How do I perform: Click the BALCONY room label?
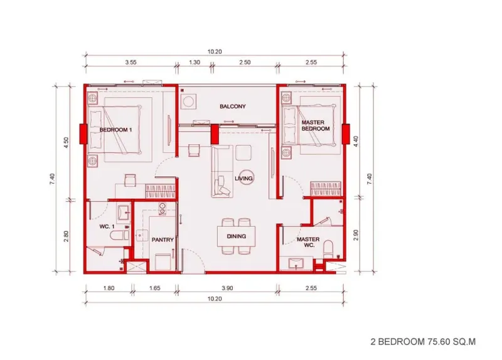pyautogui.click(x=232, y=106)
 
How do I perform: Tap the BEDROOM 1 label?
pyautogui.click(x=115, y=130)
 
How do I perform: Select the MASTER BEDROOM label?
pyautogui.click(x=316, y=125)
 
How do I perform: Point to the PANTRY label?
pyautogui.click(x=163, y=240)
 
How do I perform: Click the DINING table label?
pyautogui.click(x=237, y=236)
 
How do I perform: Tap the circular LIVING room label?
pyautogui.click(x=243, y=178)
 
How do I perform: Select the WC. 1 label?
pyautogui.click(x=107, y=226)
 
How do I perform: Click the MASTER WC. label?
pyautogui.click(x=308, y=242)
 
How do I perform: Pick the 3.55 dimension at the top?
pyautogui.click(x=131, y=62)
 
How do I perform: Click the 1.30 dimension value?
pyautogui.click(x=195, y=62)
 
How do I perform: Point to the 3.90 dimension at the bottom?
pyautogui.click(x=227, y=288)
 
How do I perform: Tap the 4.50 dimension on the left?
pyautogui.click(x=66, y=142)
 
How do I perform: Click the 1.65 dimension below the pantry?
pyautogui.click(x=154, y=288)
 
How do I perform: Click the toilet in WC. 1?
pyautogui.click(x=119, y=236)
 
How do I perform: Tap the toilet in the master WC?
pyautogui.click(x=328, y=249)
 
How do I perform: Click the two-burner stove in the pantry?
pyautogui.click(x=163, y=209)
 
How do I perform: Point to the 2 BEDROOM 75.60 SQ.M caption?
pyautogui.click(x=423, y=342)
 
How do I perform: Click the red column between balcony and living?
pyautogui.click(x=214, y=134)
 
